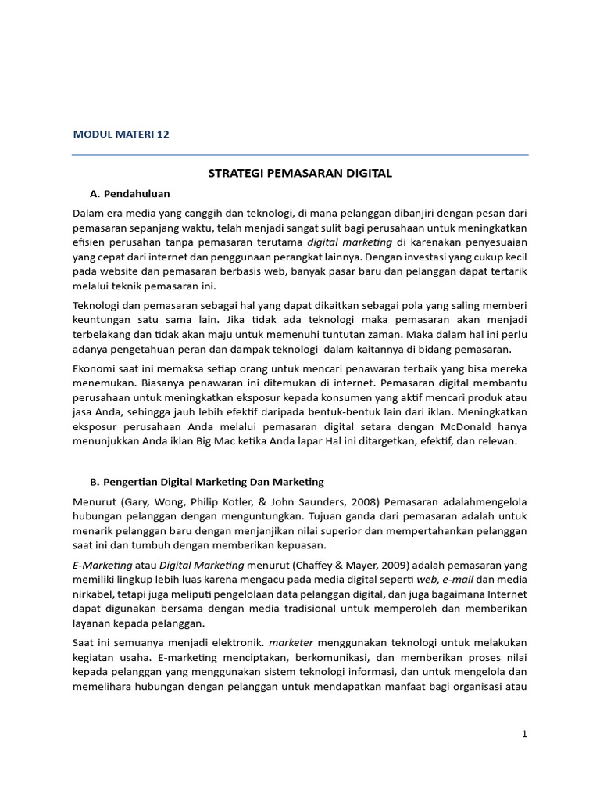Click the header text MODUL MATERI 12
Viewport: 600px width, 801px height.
pos(120,134)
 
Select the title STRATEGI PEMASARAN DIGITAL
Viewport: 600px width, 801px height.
pos(300,173)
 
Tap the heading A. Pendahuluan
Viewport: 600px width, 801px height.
pos(130,193)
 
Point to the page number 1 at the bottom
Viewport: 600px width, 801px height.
pos(525,734)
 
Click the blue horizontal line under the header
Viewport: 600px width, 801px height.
pos(300,155)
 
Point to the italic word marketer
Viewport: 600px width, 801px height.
pos(291,641)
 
